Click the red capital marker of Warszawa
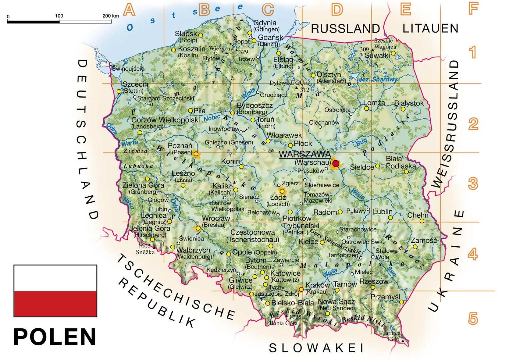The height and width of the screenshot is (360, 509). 336,164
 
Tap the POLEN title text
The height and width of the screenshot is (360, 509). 55,337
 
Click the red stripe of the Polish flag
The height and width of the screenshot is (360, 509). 55,304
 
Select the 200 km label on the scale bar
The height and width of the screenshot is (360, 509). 110,16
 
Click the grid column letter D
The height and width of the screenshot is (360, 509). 337,10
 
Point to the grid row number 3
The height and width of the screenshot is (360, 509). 472,184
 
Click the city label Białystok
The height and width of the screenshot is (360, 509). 409,103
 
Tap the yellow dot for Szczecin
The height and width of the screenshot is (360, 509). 119,91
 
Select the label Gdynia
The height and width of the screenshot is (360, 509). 265,23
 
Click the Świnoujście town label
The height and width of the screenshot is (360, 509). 128,69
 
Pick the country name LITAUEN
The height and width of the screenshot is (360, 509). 430,28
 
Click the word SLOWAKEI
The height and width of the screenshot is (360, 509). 316,348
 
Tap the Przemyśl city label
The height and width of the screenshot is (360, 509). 385,297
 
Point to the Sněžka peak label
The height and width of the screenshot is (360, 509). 145,252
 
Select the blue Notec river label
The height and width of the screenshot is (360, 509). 212,118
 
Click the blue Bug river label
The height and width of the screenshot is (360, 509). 361,142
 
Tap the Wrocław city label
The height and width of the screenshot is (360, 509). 216,218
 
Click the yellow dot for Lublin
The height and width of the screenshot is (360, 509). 390,218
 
